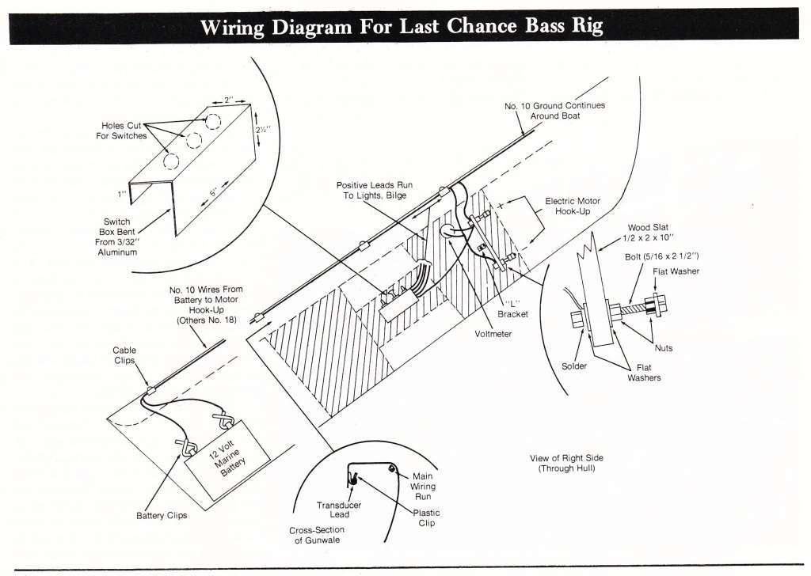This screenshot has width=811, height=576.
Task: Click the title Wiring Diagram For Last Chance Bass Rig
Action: click(402, 26)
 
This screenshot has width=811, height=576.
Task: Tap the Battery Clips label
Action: click(162, 516)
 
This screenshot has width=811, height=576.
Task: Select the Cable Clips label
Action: click(124, 354)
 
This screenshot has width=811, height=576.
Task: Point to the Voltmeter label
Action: click(493, 334)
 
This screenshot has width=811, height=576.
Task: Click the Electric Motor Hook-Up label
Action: click(573, 207)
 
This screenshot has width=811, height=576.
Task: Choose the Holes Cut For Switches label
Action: click(124, 131)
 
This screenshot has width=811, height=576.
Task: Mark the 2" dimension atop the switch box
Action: click(229, 100)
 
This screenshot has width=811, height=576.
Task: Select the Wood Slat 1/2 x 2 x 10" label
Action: click(651, 233)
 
